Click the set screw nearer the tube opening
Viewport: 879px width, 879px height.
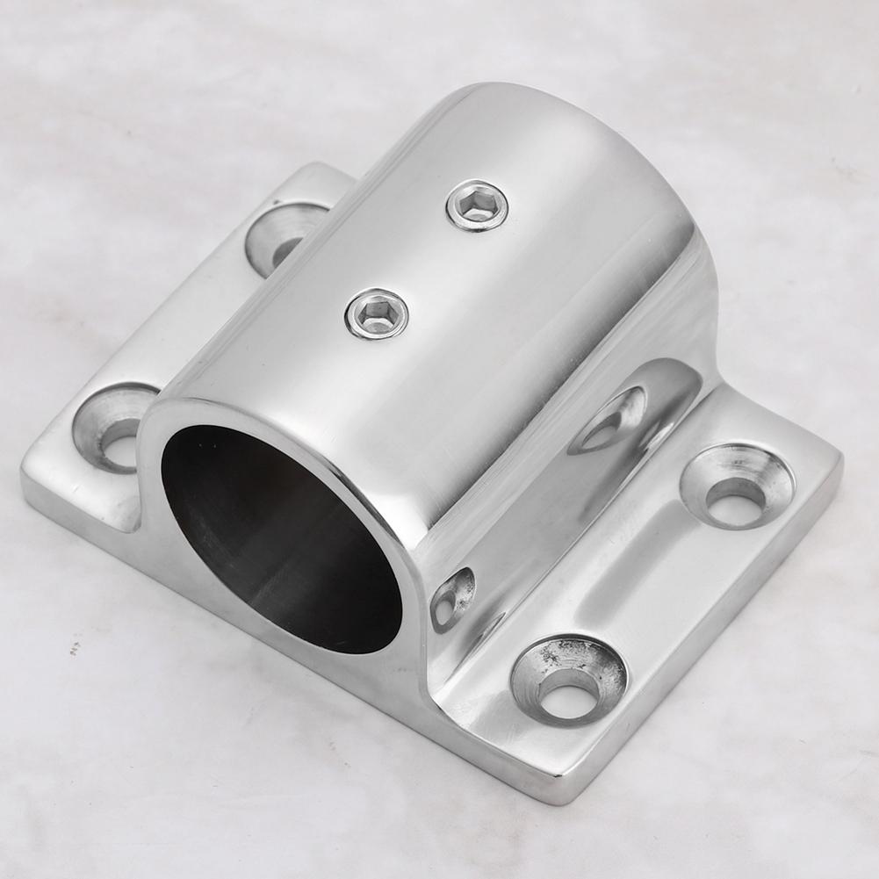click(376, 313)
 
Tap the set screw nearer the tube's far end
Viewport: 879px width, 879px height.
click(477, 205)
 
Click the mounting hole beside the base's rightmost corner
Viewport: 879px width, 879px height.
click(736, 485)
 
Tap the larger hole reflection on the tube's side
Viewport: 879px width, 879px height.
click(611, 420)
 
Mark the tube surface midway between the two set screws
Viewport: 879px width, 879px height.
click(427, 260)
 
